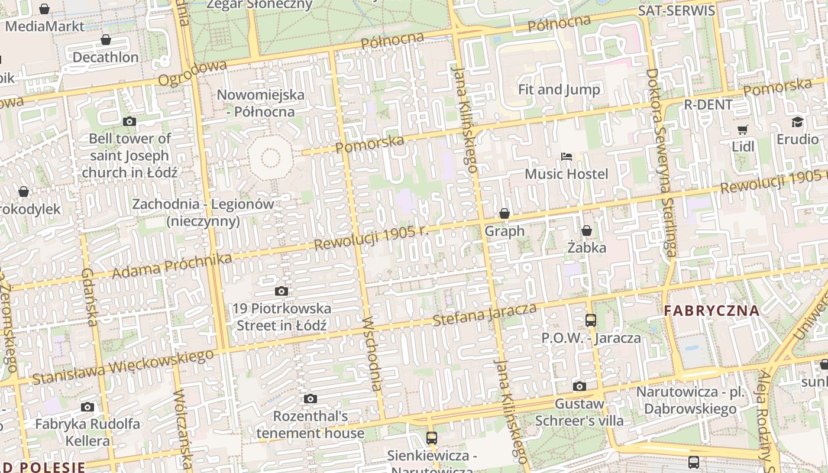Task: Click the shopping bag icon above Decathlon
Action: coord(106,40)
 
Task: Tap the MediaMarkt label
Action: coord(44,26)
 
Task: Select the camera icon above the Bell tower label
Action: coord(130,122)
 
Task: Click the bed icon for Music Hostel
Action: coord(567,157)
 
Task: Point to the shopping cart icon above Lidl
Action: coord(743,129)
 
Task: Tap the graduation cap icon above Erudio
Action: coord(798,122)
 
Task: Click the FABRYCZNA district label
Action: coord(711,310)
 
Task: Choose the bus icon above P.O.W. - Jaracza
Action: coord(590,320)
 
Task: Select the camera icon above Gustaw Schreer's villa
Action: coord(580,387)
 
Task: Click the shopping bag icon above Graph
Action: coord(504,213)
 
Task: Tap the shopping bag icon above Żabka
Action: coord(587,231)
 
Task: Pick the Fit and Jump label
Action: coord(559,90)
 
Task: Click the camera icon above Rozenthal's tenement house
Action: coord(310,399)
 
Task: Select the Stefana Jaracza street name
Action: coord(485,315)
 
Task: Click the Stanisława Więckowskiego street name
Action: coord(122,367)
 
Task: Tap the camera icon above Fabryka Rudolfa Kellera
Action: coord(88,407)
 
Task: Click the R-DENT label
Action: coord(708,105)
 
